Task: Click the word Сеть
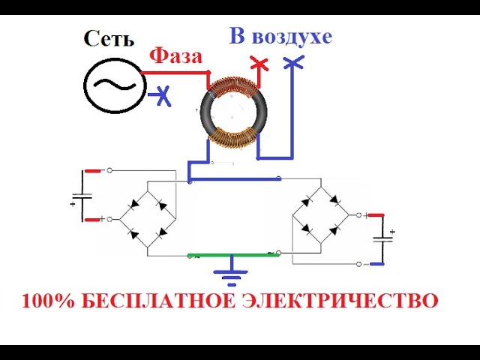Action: (111, 38)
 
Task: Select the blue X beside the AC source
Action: (161, 95)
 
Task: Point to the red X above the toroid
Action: (258, 64)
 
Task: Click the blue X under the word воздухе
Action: (293, 65)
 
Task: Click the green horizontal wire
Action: (232, 255)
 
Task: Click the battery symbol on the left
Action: (82, 199)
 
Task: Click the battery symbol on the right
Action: (383, 241)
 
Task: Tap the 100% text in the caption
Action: (47, 302)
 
